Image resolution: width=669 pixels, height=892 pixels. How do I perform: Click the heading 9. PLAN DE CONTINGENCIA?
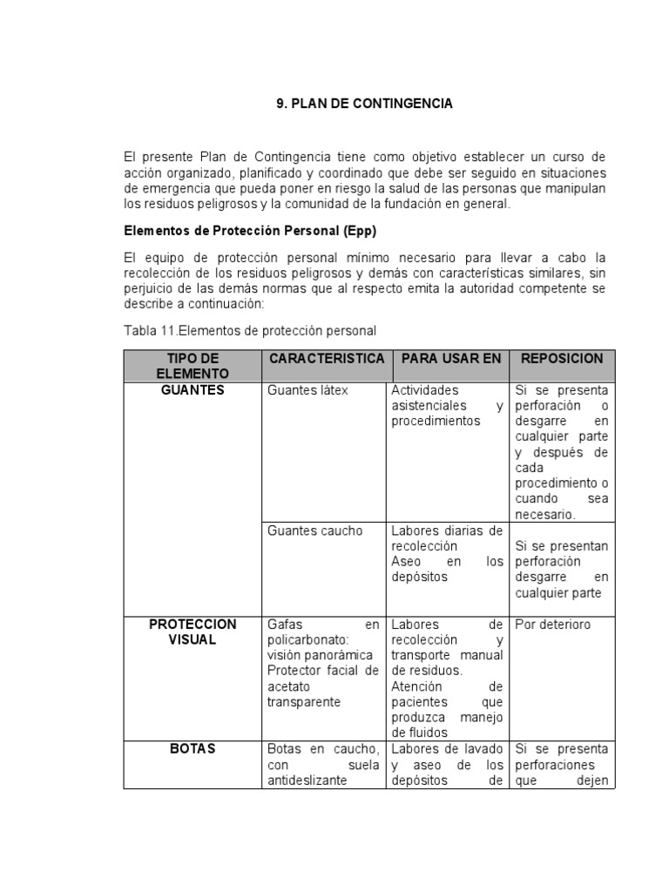pyautogui.click(x=364, y=103)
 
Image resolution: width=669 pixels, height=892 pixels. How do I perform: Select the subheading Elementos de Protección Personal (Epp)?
pyautogui.click(x=249, y=231)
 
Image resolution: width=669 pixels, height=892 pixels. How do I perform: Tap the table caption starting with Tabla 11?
pyautogui.click(x=250, y=331)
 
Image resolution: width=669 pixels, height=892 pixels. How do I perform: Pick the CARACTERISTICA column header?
pyautogui.click(x=327, y=359)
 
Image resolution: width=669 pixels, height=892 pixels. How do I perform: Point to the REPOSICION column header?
pyautogui.click(x=561, y=359)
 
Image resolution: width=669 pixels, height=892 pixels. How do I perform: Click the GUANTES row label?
pyautogui.click(x=193, y=390)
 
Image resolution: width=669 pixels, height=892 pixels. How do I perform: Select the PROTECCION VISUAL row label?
pyautogui.click(x=193, y=632)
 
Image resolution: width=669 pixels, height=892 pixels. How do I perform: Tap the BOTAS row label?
pyautogui.click(x=193, y=749)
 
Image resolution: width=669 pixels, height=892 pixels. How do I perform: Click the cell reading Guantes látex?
pyautogui.click(x=307, y=390)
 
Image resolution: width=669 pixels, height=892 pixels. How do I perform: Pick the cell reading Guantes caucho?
pyautogui.click(x=314, y=530)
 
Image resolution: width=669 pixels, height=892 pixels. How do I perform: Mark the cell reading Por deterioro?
pyautogui.click(x=552, y=625)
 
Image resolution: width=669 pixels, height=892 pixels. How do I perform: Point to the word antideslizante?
pyautogui.click(x=307, y=780)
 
